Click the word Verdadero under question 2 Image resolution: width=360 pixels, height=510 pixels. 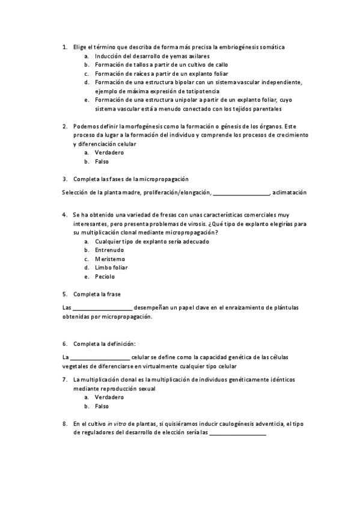point(109,153)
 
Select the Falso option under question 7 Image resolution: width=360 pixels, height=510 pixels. point(102,407)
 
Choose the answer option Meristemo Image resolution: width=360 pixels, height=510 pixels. point(110,259)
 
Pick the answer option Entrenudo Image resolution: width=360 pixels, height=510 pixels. point(110,250)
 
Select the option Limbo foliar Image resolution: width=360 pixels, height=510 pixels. point(111,268)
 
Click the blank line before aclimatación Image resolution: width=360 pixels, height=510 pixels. point(241,193)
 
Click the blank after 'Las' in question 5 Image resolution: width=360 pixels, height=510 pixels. point(103,308)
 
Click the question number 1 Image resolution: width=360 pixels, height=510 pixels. point(65,46)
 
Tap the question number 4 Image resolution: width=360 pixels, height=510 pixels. point(65,214)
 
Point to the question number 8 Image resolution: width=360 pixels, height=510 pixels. point(65,423)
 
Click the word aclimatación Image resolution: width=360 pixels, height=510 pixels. point(290,192)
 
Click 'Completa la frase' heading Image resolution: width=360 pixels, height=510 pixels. point(97,294)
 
